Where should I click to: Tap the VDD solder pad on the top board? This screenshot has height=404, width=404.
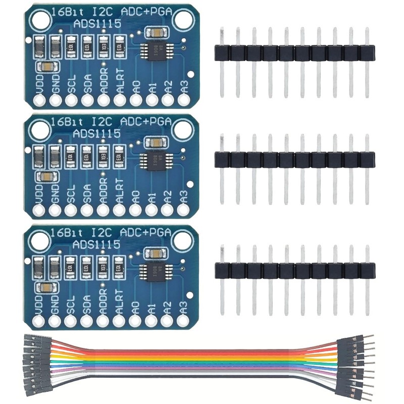(x=39, y=101)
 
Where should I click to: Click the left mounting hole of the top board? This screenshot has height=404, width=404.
(x=37, y=21)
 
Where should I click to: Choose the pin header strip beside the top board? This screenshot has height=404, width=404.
(x=294, y=53)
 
